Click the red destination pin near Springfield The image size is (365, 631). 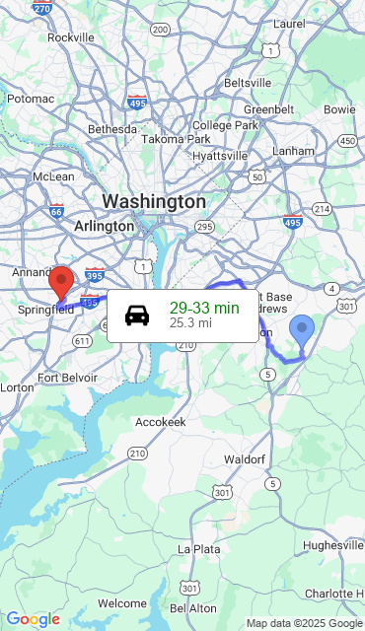(61, 282)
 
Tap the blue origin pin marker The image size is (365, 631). (302, 330)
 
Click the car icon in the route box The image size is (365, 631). (137, 315)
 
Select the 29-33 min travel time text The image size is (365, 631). (204, 308)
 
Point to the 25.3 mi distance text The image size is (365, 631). (190, 322)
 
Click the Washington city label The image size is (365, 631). (154, 201)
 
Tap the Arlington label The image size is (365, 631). (104, 226)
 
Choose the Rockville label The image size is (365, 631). (70, 37)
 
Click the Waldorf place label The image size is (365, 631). (244, 459)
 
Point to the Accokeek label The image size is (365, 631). (160, 421)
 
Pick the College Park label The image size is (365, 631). (225, 125)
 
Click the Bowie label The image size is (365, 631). (339, 108)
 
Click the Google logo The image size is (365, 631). (33, 619)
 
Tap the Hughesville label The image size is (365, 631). (333, 545)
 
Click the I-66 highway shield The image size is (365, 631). (56, 210)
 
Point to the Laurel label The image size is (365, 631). (289, 23)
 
